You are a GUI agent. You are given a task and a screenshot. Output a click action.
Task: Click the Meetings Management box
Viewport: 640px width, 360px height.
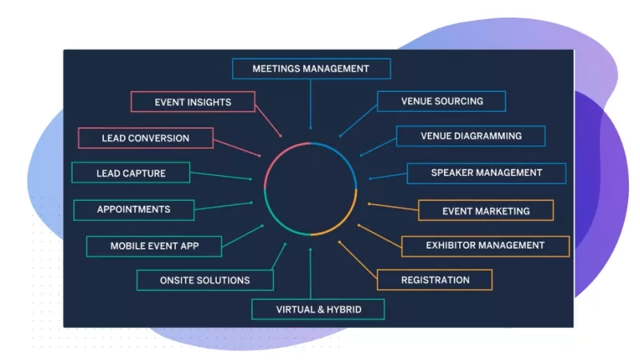(x=310, y=69)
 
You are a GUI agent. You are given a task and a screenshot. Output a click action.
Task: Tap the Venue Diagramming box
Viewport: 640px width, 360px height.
(x=470, y=136)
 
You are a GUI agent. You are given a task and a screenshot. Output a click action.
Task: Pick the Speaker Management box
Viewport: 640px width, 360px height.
(x=486, y=173)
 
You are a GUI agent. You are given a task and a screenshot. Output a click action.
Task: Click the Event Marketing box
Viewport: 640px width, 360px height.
(x=486, y=211)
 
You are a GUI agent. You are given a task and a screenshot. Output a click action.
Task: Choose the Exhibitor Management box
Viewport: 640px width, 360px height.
(x=485, y=246)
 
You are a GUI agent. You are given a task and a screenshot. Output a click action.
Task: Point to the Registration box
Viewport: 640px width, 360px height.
(x=434, y=280)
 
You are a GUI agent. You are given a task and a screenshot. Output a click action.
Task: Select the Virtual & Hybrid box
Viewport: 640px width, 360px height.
(x=318, y=310)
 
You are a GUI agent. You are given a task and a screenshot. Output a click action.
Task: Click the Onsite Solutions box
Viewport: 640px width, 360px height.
(x=206, y=280)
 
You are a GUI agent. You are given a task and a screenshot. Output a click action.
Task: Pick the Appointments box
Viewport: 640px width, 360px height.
(x=134, y=210)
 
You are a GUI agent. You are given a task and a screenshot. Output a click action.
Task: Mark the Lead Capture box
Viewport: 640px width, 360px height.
(x=130, y=173)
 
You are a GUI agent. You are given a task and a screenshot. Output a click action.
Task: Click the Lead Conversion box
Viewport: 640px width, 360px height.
(x=146, y=138)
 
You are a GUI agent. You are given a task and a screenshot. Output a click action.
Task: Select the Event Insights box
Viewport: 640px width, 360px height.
(x=193, y=102)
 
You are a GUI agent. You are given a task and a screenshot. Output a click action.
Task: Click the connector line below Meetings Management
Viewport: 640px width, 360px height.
(x=310, y=104)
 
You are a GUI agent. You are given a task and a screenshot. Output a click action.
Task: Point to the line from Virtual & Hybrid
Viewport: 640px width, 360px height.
(x=310, y=272)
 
